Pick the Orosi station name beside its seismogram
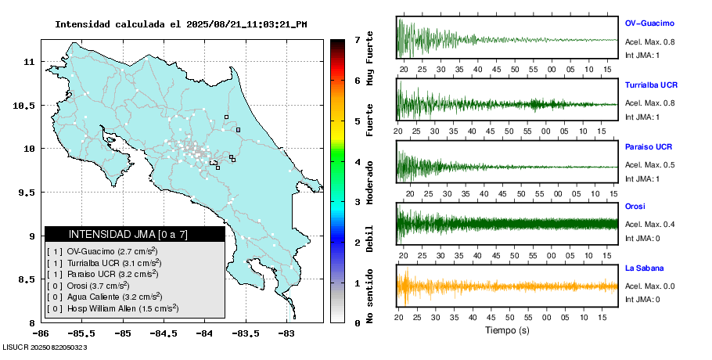click(635, 206)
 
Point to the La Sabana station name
click(644, 268)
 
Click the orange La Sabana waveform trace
click(507, 286)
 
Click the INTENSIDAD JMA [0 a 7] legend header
click(135, 234)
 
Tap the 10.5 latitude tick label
click(27, 105)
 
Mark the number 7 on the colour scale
click(356, 39)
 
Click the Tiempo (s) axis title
click(507, 330)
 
